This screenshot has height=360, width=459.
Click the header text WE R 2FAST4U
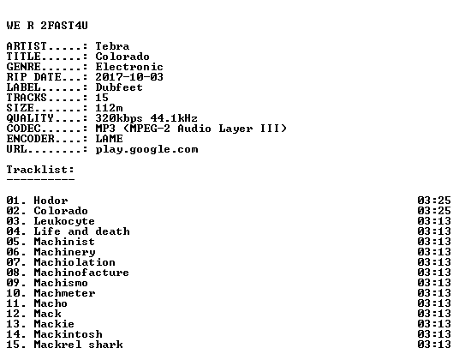click(47, 26)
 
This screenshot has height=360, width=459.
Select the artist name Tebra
click(112, 46)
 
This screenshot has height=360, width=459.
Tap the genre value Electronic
click(129, 67)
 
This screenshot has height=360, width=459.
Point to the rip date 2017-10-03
click(129, 77)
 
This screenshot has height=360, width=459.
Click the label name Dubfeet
click(119, 87)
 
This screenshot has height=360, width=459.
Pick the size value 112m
click(109, 108)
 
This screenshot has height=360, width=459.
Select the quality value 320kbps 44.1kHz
click(146, 118)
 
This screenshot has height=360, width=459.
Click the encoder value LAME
click(109, 139)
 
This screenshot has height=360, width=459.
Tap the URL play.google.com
click(146, 149)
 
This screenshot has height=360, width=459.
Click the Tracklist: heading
click(40, 170)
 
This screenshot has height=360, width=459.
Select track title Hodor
click(51, 201)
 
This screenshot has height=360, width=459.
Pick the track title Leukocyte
click(64, 221)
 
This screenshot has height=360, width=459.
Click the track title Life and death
click(81, 231)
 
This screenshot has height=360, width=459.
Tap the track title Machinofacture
click(81, 273)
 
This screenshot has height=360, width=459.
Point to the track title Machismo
click(61, 283)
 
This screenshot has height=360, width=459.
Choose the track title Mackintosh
click(69, 334)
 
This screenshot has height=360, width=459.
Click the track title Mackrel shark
click(79, 345)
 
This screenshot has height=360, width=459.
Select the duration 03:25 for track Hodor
click(434, 201)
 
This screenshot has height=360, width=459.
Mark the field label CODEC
click(23, 129)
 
